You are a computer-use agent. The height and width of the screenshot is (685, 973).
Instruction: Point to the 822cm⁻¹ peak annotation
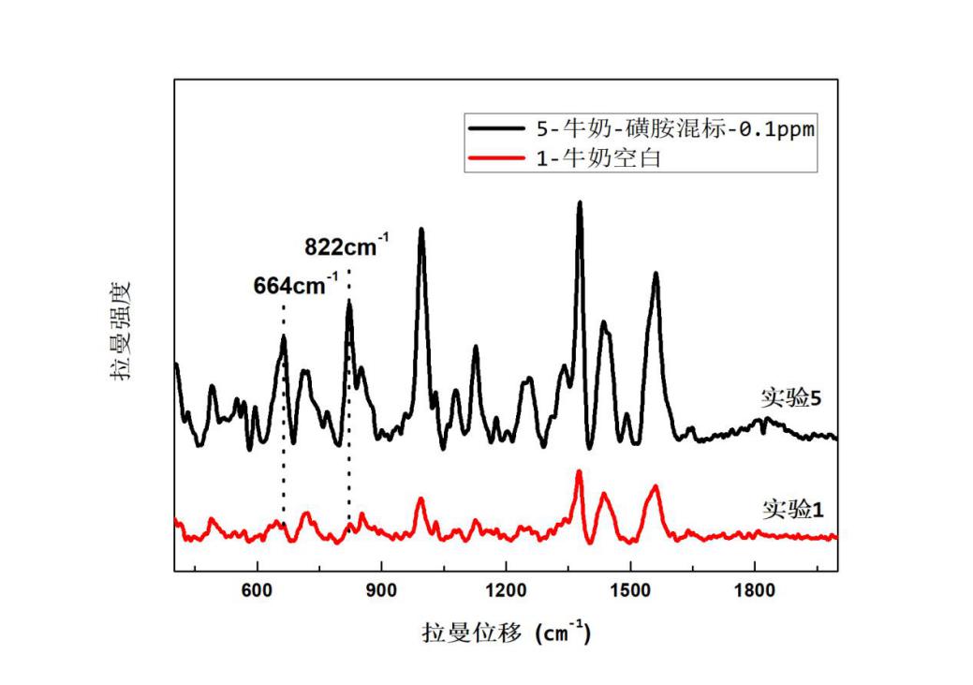click(x=346, y=247)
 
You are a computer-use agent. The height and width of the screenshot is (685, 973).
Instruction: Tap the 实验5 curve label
click(x=790, y=398)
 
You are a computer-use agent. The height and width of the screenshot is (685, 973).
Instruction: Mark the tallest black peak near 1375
click(x=580, y=202)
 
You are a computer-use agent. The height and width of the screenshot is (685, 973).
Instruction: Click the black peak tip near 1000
click(x=421, y=229)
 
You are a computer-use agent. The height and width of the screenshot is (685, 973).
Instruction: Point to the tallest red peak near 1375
click(x=580, y=471)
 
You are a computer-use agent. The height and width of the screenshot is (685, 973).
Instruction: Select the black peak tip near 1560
click(x=656, y=274)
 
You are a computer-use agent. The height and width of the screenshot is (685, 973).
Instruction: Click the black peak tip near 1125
click(x=476, y=347)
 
